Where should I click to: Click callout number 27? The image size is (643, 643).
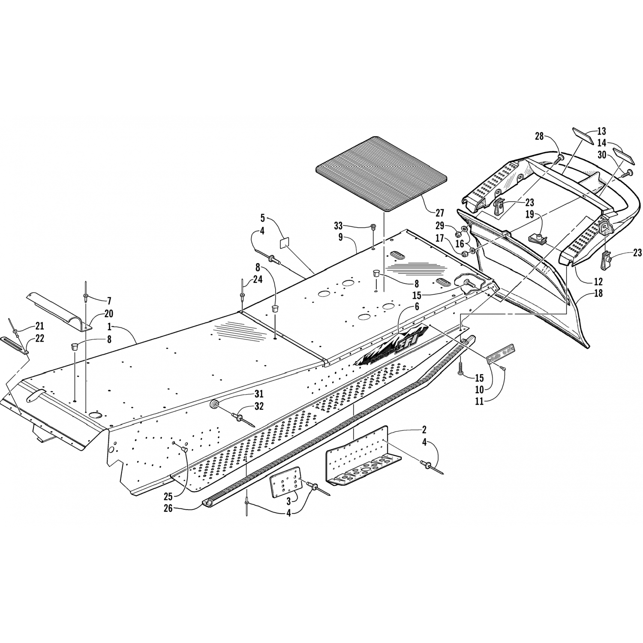click(439, 213)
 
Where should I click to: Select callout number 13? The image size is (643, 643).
click(602, 131)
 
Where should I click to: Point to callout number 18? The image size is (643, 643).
click(598, 294)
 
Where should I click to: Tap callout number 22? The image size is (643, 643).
click(40, 338)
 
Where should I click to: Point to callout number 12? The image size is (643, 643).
click(598, 282)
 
